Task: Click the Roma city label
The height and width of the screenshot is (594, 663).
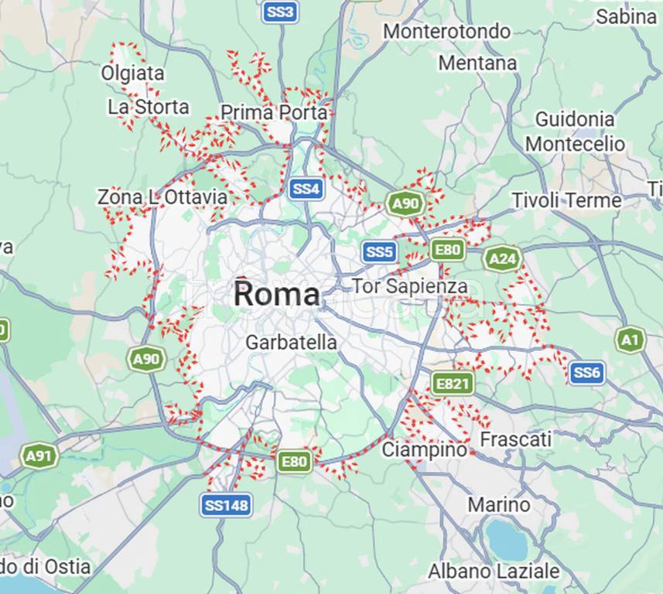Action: [276, 294]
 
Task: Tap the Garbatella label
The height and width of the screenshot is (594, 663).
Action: [291, 342]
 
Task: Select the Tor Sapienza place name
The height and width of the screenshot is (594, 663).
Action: [409, 286]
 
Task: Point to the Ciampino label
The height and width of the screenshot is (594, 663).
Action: [425, 449]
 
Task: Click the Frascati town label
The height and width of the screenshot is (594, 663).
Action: [516, 439]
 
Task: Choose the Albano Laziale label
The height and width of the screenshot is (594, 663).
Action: [494, 572]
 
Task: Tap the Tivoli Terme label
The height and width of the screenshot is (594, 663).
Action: [566, 200]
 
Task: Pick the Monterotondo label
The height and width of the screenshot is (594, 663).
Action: [446, 31]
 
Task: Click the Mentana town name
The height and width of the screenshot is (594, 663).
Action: [477, 63]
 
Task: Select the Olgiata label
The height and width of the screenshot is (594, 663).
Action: [132, 73]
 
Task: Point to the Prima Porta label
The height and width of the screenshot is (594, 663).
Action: [274, 113]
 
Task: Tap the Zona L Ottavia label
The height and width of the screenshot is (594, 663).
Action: [162, 197]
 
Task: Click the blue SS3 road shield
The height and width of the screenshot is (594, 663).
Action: [279, 12]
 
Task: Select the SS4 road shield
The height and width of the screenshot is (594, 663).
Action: [306, 188]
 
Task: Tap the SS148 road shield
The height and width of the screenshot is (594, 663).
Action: [226, 505]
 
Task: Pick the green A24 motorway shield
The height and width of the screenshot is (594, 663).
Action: [502, 258]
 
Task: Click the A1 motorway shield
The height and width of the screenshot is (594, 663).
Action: [631, 340]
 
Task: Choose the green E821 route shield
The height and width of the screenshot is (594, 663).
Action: [452, 383]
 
